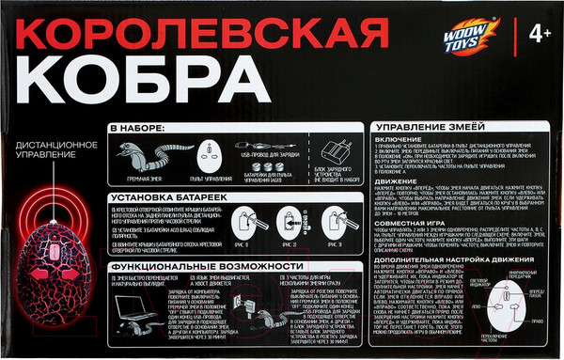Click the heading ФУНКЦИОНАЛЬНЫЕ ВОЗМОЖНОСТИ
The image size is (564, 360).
point(196,267)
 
